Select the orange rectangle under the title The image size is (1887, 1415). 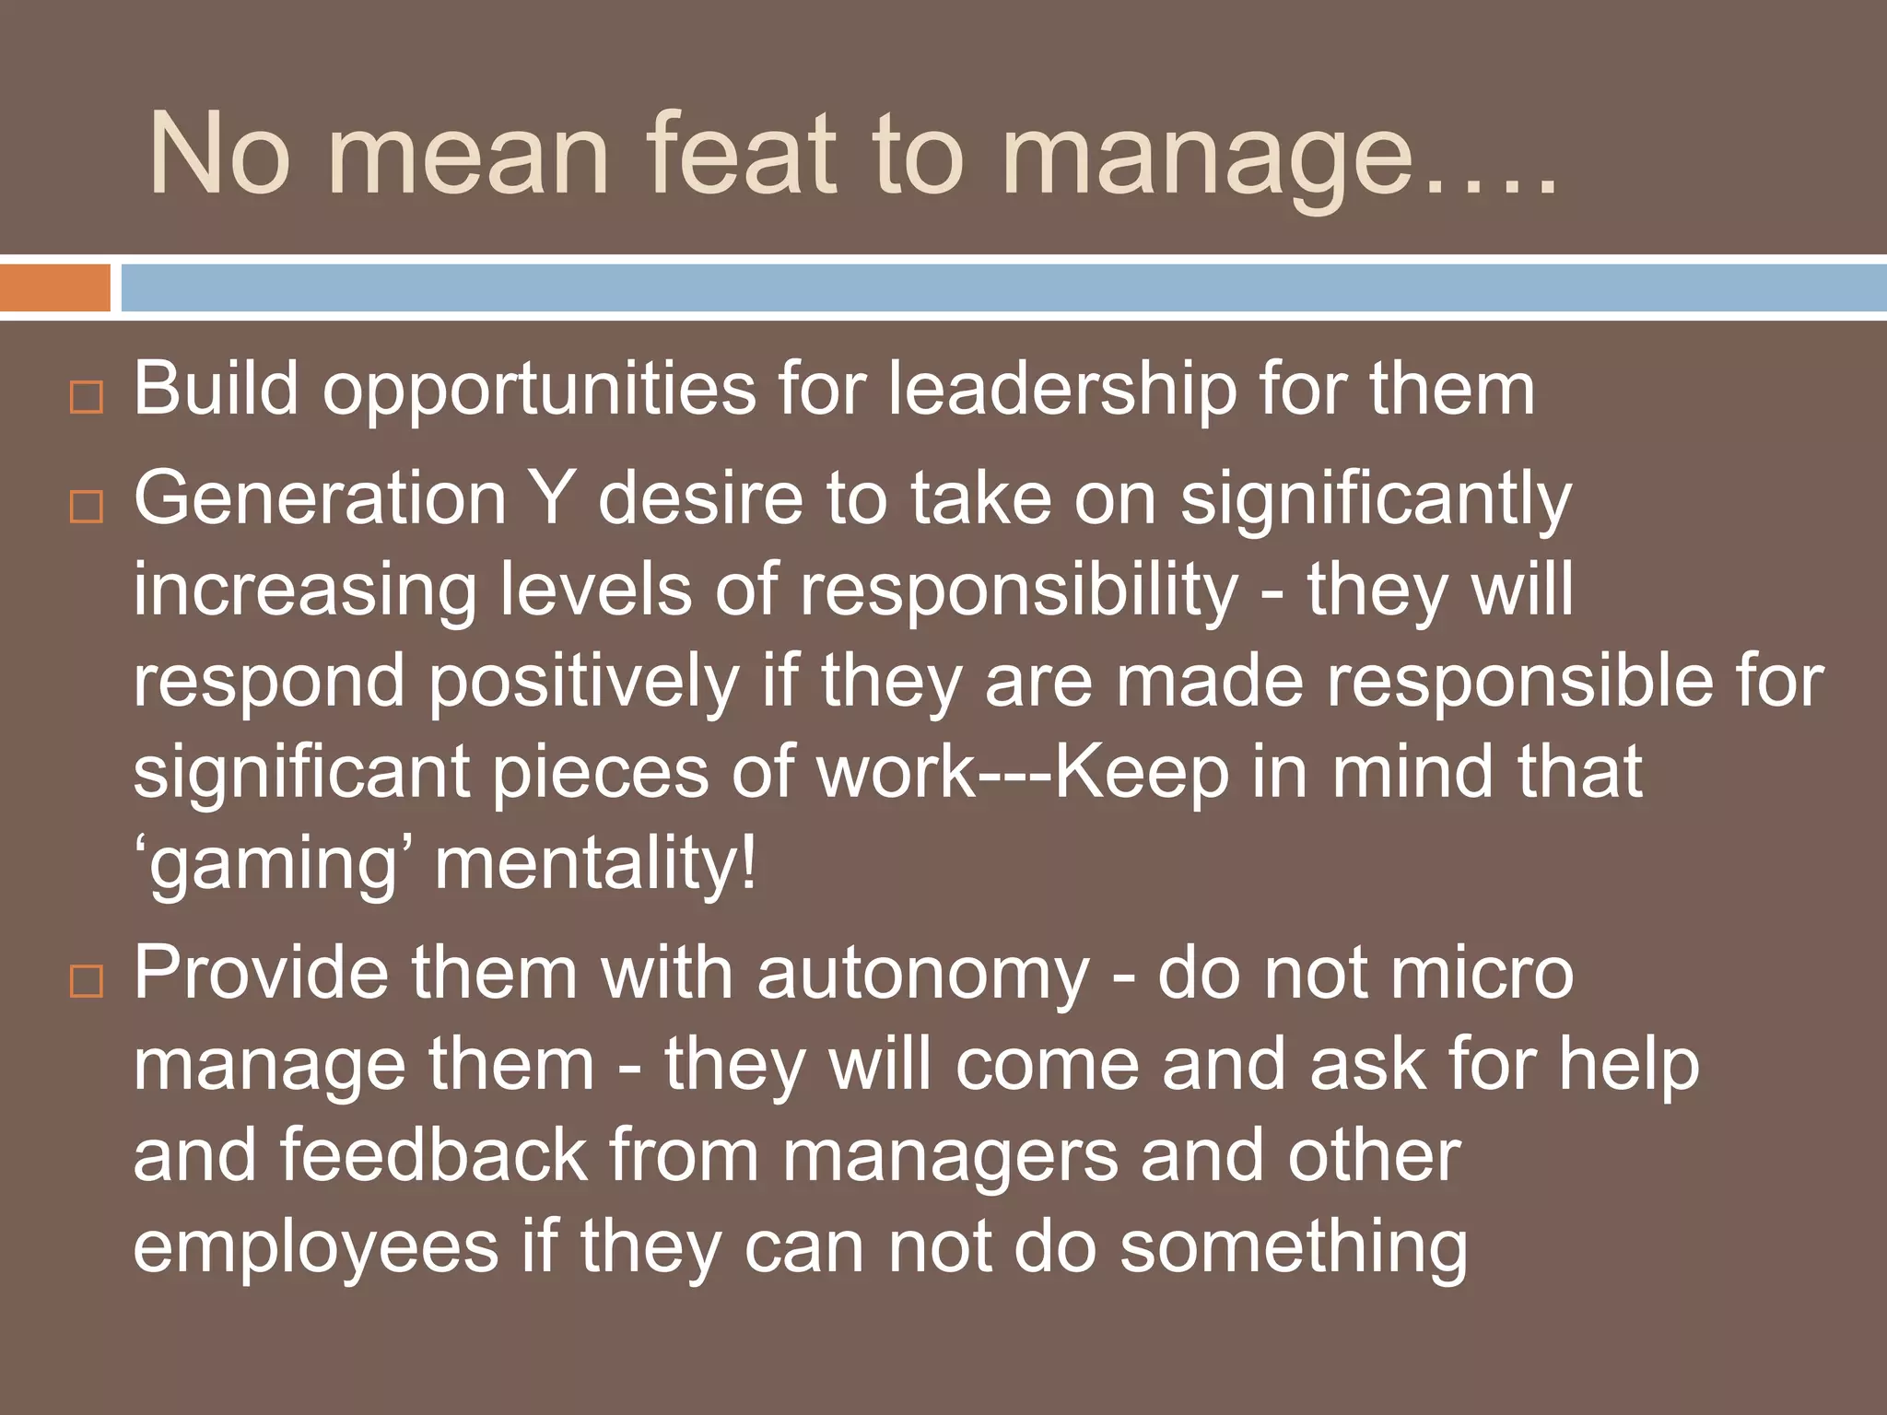click(55, 288)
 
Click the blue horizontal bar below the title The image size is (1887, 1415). click(1002, 288)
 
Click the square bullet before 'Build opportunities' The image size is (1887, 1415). click(87, 398)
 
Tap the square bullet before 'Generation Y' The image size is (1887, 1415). click(87, 506)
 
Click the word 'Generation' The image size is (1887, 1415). click(321, 498)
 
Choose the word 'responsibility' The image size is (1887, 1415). click(1018, 590)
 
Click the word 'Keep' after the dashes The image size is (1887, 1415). click(1141, 772)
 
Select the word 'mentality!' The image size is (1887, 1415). click(595, 864)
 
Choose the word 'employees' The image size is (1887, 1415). click(315, 1247)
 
